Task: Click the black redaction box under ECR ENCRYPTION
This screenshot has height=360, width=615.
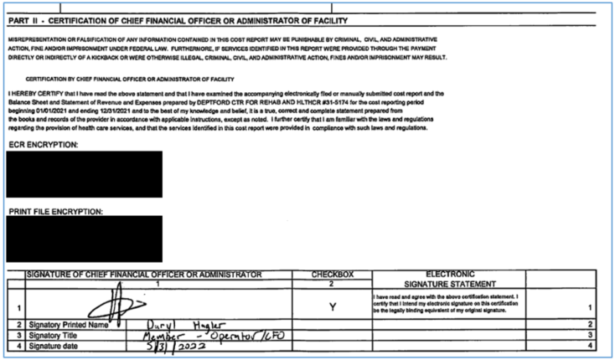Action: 84,174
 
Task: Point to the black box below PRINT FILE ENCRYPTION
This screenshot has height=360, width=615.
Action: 84,239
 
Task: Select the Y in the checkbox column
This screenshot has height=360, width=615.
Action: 333,307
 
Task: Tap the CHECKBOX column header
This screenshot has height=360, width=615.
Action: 333,274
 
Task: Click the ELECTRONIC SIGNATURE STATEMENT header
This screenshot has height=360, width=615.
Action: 451,279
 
